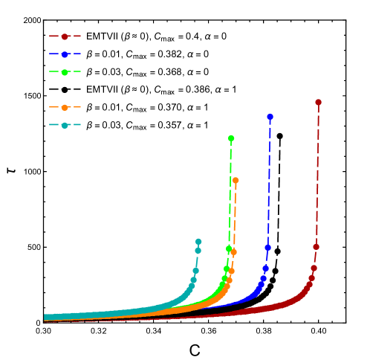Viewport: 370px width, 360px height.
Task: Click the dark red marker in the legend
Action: [x=65, y=36]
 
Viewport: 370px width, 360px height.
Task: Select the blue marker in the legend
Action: [x=65, y=54]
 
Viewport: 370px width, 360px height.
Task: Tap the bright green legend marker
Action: [x=65, y=71]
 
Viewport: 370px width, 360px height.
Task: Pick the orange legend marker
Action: [x=65, y=107]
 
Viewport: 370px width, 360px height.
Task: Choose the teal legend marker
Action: [x=65, y=125]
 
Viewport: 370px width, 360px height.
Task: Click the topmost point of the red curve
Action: [x=318, y=103]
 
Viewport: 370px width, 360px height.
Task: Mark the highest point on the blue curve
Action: [x=270, y=117]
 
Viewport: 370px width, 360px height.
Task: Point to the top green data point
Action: [x=231, y=138]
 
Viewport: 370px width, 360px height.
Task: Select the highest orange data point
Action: [x=236, y=180]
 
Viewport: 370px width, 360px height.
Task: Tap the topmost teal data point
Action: [x=198, y=242]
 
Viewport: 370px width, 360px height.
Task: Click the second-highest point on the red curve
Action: [x=316, y=247]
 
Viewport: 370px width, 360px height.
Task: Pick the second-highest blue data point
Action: [x=267, y=248]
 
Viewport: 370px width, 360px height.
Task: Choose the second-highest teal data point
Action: [x=198, y=251]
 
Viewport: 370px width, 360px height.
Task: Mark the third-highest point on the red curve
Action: [x=314, y=269]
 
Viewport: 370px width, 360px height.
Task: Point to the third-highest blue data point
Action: [x=265, y=269]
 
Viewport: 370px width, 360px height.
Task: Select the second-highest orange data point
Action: [x=233, y=252]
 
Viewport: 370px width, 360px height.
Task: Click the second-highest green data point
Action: [x=229, y=248]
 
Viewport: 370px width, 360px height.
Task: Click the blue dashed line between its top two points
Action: [x=269, y=182]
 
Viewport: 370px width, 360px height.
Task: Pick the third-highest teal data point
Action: [x=195, y=271]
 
